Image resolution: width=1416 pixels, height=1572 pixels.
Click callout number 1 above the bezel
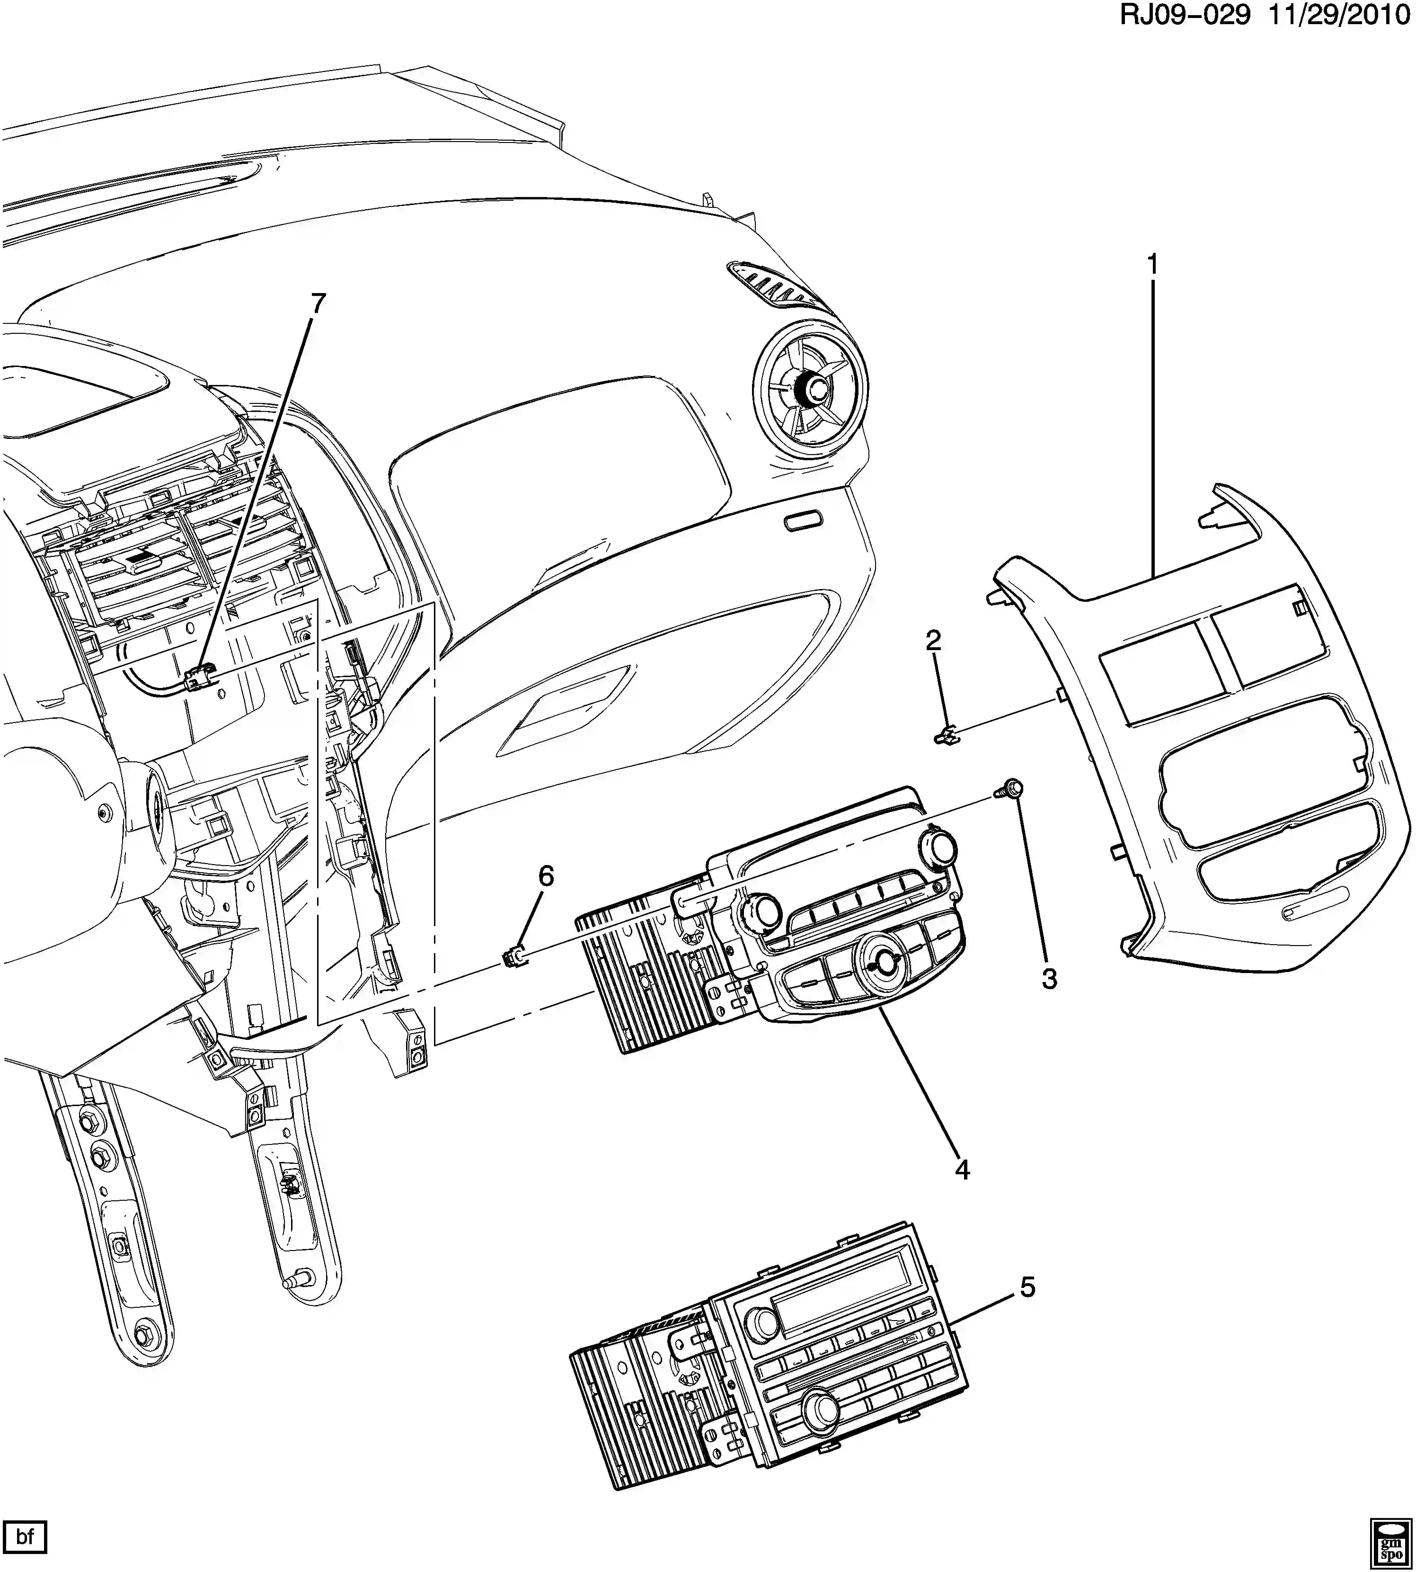pyautogui.click(x=1152, y=265)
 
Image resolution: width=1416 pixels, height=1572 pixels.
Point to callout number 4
pyautogui.click(x=963, y=1191)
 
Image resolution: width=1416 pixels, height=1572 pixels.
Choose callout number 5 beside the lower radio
pyautogui.click(x=1028, y=1288)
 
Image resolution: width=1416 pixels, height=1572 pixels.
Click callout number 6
pyautogui.click(x=546, y=876)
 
